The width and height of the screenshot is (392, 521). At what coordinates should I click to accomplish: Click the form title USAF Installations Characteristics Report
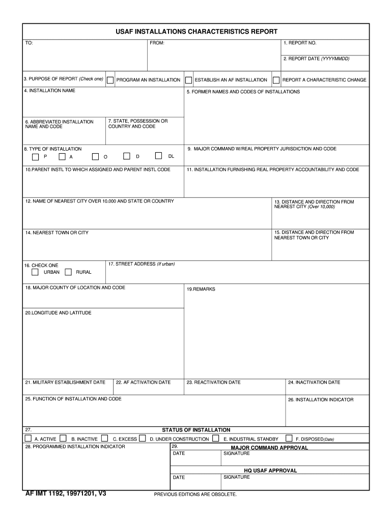point(196,32)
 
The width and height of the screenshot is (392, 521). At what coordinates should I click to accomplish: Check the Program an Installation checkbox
point(110,80)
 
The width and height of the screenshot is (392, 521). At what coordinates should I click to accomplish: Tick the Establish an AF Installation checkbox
point(188,80)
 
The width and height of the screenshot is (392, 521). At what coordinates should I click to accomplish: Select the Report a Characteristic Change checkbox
point(276,80)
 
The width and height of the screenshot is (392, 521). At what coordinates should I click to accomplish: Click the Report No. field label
point(300,43)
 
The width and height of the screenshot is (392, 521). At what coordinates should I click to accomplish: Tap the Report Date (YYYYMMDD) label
point(316,59)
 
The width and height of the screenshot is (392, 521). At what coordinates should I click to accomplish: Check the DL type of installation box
point(159,156)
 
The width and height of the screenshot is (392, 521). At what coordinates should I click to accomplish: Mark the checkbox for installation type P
point(35,156)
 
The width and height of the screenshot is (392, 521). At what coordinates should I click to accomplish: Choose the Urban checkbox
point(35,272)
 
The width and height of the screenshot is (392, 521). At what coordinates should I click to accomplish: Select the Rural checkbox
point(68,272)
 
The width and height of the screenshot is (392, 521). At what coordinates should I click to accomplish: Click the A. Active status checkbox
point(28,438)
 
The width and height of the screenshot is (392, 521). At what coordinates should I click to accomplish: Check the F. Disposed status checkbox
point(289,438)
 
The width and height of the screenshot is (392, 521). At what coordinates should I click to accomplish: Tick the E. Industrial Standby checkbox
point(216,438)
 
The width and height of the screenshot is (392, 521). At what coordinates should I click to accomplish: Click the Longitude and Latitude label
point(58,313)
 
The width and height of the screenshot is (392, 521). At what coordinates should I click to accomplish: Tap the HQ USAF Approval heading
point(270,471)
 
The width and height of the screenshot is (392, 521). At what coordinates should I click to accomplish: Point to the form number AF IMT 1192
point(66,494)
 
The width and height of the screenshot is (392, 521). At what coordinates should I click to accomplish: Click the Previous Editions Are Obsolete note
point(195,494)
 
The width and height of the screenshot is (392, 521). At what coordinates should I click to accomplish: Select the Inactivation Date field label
point(314,383)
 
